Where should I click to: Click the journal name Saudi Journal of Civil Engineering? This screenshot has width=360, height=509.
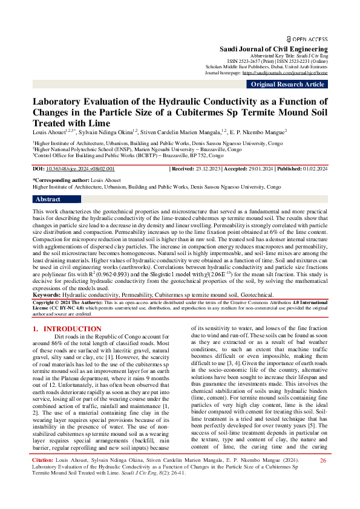[x=273, y=49]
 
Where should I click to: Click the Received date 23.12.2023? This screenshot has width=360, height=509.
[x=208, y=169]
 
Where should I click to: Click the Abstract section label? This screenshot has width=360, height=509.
[x=48, y=199]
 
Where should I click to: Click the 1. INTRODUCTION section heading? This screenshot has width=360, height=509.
[x=66, y=329]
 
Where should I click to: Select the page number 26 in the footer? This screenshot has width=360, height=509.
[x=323, y=478]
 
